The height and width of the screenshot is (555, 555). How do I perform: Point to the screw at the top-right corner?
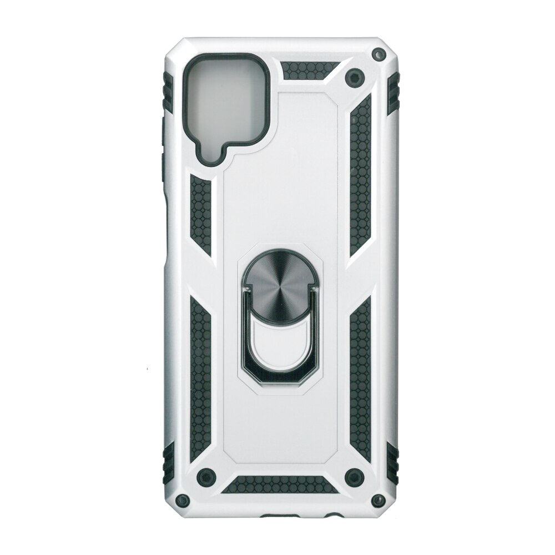(379, 54)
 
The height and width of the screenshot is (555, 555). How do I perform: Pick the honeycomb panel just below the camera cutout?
(201, 213)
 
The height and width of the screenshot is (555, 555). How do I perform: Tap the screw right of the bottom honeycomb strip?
(351, 475)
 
